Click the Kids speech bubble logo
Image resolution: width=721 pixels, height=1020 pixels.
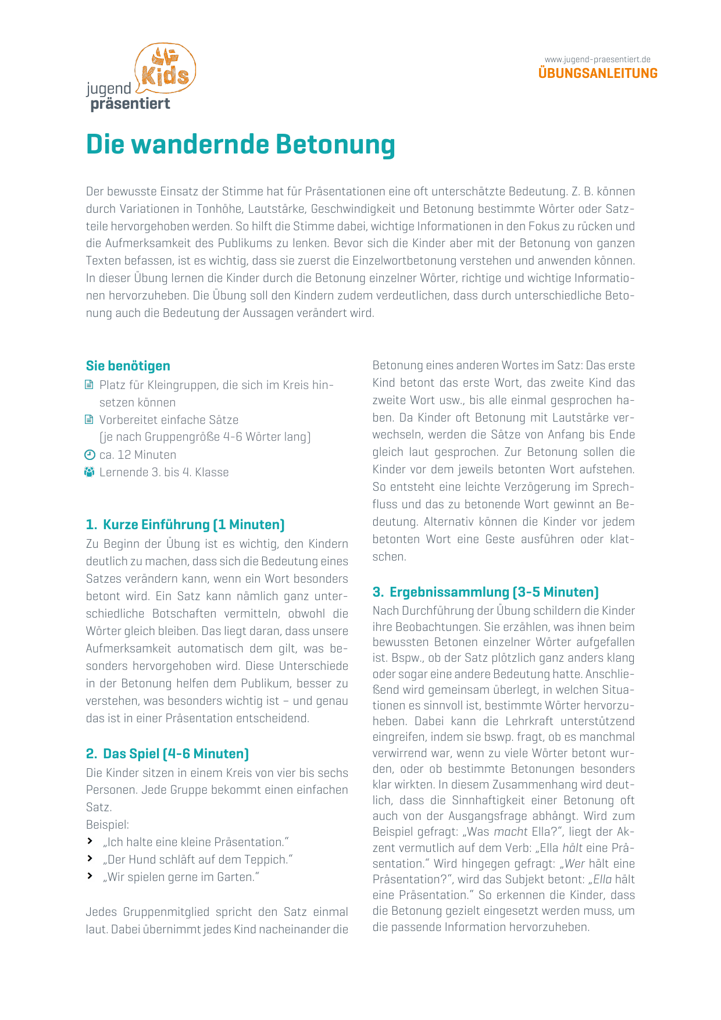click(x=165, y=69)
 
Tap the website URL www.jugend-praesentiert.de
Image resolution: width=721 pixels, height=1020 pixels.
click(x=597, y=59)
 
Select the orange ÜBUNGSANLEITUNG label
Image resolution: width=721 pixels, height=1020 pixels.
click(x=598, y=74)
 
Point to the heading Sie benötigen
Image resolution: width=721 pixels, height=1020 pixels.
click(x=128, y=366)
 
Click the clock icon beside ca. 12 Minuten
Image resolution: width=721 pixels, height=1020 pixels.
click(x=90, y=455)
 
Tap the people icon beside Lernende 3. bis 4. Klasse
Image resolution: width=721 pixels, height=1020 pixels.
click(x=89, y=472)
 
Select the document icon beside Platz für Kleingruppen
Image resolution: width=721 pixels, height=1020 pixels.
click(x=89, y=385)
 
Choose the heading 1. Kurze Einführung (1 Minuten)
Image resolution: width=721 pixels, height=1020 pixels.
click(x=185, y=525)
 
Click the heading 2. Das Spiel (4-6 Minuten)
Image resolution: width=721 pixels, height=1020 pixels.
click(x=167, y=754)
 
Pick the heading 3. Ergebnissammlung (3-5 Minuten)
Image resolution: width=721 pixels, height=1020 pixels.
click(x=486, y=592)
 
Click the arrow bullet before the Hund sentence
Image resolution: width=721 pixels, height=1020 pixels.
click(x=90, y=859)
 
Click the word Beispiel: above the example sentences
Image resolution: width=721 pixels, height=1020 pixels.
click(x=108, y=825)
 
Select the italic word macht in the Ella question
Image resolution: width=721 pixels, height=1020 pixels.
click(x=511, y=832)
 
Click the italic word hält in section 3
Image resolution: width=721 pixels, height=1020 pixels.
click(x=572, y=847)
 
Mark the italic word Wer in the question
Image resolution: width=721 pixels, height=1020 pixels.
click(x=575, y=864)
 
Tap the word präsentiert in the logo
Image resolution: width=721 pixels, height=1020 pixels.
click(x=130, y=104)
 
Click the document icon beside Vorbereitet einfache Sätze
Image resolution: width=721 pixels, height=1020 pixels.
click(x=89, y=420)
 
